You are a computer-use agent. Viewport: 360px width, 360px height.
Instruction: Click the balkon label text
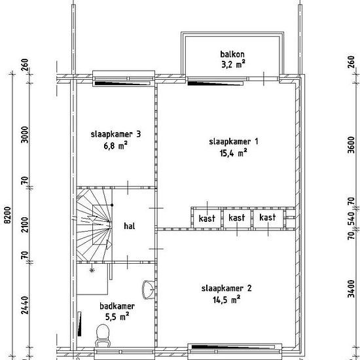[232, 54]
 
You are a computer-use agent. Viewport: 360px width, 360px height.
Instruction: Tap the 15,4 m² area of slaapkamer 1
[233, 153]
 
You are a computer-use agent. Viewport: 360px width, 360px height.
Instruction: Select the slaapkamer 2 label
[226, 289]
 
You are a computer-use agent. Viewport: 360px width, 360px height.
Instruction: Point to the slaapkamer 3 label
[115, 134]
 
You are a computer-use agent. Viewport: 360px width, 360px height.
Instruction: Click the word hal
[130, 226]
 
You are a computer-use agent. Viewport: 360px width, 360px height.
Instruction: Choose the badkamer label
[117, 306]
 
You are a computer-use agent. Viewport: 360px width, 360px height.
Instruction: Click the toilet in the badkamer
[103, 335]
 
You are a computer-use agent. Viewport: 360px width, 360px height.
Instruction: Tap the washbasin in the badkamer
[148, 289]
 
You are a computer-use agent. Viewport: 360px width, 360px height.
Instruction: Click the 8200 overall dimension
[9, 215]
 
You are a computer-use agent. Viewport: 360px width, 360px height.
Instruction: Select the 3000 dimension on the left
[25, 135]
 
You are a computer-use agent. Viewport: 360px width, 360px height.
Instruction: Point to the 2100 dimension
[25, 225]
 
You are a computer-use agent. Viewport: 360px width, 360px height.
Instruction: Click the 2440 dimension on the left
[25, 305]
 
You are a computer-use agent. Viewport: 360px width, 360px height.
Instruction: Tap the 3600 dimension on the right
[351, 145]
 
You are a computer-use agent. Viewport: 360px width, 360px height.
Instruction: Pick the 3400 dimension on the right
[351, 289]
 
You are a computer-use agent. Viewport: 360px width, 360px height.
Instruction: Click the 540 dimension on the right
[351, 219]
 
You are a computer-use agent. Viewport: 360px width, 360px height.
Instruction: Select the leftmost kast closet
[207, 218]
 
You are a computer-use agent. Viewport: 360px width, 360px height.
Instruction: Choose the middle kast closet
[237, 218]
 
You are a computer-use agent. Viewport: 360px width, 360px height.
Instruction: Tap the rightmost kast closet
[268, 218]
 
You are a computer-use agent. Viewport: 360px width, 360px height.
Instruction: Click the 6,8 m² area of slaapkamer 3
[115, 146]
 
